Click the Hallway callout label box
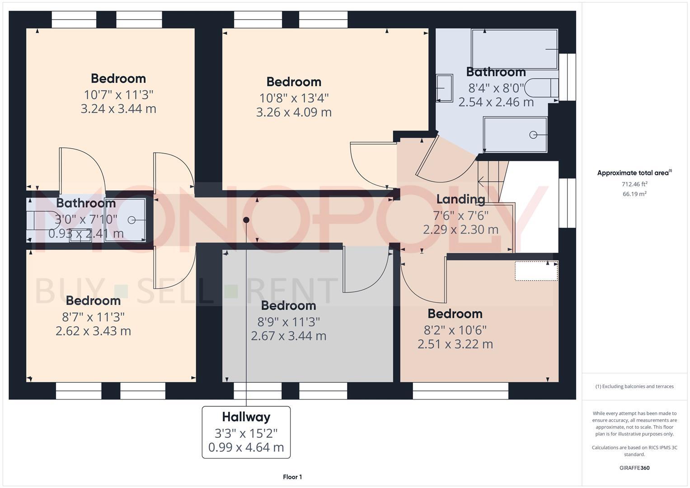coord(246,432)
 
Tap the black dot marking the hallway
coord(246,220)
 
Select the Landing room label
coord(460,199)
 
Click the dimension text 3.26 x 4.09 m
coord(294,113)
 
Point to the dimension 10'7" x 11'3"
coord(118,95)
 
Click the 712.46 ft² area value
coord(634,184)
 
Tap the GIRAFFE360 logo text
coord(634,468)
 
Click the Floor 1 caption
coord(292,477)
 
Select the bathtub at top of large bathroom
coord(514,49)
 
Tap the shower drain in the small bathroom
coord(131,220)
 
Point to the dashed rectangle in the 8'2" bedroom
coord(536,271)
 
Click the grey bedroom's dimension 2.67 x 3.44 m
coord(289,336)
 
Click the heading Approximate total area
coord(634,173)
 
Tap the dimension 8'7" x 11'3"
coord(94,317)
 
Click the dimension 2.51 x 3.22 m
coord(455,344)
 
